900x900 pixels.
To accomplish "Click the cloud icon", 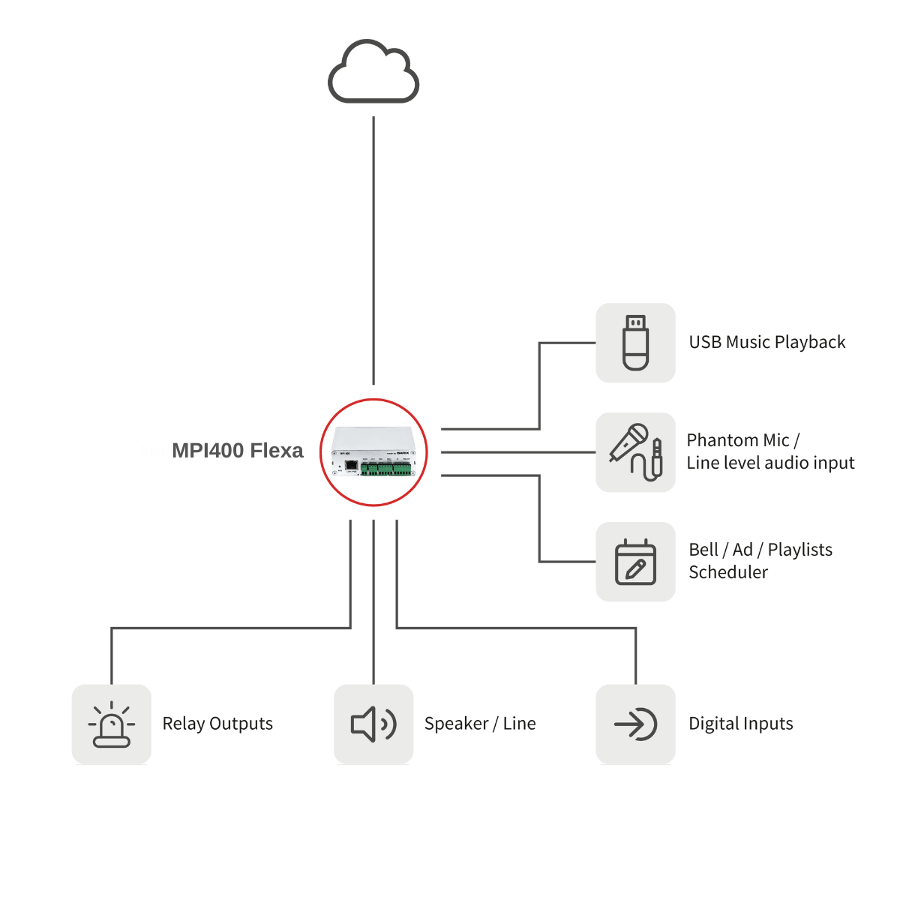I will coord(373,72).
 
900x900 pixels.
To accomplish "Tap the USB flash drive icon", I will coord(635,343).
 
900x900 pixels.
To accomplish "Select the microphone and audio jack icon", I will coord(635,452).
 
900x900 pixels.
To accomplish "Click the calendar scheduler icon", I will coord(635,562).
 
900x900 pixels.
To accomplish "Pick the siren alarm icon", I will coord(112,724).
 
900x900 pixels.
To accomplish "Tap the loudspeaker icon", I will coord(373,724).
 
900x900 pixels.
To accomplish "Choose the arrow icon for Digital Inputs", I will coord(635,724).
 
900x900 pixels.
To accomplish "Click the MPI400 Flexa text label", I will coord(237,451).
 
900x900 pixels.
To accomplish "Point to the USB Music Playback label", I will coord(766,343).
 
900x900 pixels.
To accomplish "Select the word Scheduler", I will coord(728,572).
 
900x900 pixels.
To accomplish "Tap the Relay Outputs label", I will coord(217,724).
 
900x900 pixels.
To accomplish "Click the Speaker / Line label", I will coord(480,724).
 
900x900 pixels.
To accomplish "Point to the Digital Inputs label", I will coord(741,724).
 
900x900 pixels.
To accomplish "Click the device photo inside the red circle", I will coord(373,450).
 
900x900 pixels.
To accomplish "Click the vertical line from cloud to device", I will coord(373,247).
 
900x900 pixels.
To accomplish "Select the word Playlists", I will coord(799,550).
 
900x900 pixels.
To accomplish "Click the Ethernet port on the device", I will coord(350,466).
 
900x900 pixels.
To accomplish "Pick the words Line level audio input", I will coord(770,463).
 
